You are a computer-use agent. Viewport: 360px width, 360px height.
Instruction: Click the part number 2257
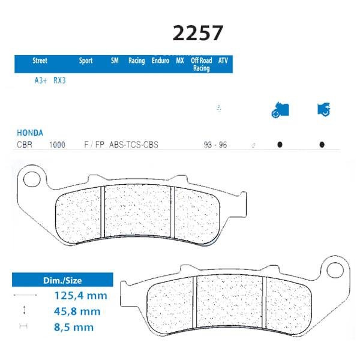click(x=197, y=33)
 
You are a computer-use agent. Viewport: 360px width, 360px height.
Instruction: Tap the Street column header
click(x=40, y=61)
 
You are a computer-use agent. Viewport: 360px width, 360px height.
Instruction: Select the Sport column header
click(x=86, y=61)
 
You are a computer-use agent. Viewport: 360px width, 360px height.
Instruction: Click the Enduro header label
click(x=160, y=61)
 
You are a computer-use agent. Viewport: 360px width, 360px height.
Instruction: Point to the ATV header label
click(x=223, y=61)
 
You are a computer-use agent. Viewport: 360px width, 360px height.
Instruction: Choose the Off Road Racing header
click(x=202, y=64)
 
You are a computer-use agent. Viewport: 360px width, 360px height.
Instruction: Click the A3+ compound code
click(x=41, y=80)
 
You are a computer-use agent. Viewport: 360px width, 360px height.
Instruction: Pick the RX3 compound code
click(x=59, y=80)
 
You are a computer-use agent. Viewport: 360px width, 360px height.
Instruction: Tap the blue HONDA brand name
click(x=30, y=133)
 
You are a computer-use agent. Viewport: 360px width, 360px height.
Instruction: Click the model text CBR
click(x=25, y=145)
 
